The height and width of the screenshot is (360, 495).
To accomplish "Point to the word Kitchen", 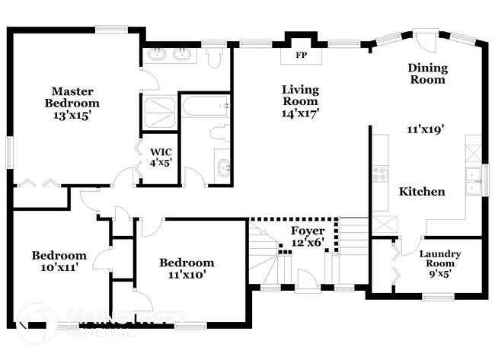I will [422, 192].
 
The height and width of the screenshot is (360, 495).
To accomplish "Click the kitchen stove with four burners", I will [379, 173].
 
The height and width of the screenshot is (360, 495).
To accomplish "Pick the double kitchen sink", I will [473, 180].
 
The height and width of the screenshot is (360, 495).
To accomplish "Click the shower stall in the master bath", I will [158, 110].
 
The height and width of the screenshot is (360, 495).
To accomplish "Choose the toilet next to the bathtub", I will [218, 134].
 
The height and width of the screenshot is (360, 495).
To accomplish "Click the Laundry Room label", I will [441, 258].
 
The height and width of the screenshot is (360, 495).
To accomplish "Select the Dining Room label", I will [428, 73].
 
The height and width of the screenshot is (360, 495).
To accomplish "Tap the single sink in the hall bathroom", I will [223, 167].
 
